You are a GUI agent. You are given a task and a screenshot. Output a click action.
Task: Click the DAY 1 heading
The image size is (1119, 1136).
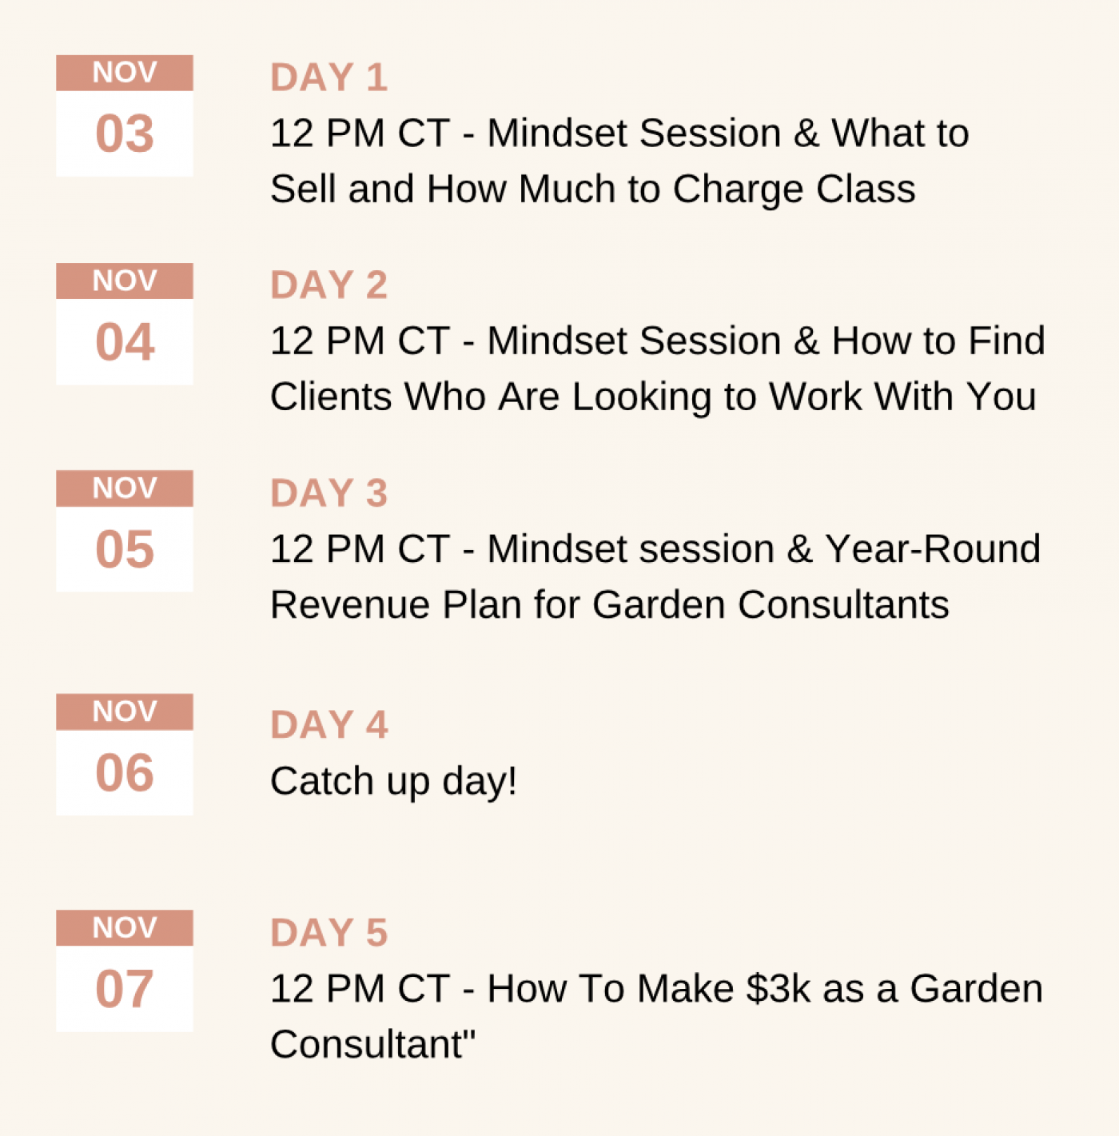pyautogui.click(x=329, y=78)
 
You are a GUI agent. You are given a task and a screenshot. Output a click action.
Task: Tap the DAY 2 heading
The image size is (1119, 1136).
pyautogui.click(x=329, y=285)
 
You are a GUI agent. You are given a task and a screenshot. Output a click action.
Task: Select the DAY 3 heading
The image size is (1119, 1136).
pyautogui.click(x=329, y=492)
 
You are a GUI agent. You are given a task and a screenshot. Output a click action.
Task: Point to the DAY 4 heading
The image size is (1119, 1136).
pyautogui.click(x=329, y=724)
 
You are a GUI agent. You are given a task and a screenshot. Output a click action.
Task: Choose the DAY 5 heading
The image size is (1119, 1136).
pyautogui.click(x=329, y=933)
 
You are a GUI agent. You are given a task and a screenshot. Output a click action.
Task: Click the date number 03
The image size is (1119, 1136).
pyautogui.click(x=125, y=134)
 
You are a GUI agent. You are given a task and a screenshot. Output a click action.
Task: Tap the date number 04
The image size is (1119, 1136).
pyautogui.click(x=125, y=342)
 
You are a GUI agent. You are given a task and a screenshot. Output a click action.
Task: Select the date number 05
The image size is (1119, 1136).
pyautogui.click(x=125, y=549)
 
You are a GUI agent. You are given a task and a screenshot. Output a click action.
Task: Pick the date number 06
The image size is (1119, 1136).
pyautogui.click(x=125, y=773)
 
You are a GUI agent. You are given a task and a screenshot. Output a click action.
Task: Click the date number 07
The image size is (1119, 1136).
pyautogui.click(x=125, y=989)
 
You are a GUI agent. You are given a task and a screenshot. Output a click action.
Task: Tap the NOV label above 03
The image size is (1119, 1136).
pyautogui.click(x=125, y=73)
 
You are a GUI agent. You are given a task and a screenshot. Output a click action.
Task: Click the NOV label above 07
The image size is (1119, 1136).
pyautogui.click(x=125, y=928)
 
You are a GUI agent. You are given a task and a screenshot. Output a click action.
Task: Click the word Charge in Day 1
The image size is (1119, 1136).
pyautogui.click(x=738, y=190)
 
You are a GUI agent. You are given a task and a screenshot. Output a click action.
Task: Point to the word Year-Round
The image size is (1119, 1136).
pyautogui.click(x=933, y=549)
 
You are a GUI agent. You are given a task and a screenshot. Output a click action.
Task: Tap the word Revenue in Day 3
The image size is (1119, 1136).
pyautogui.click(x=350, y=605)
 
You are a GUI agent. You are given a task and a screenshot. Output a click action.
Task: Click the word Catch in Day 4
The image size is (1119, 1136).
pyautogui.click(x=322, y=781)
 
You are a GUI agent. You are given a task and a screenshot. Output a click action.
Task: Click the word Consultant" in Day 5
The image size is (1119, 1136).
pyautogui.click(x=372, y=1045)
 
